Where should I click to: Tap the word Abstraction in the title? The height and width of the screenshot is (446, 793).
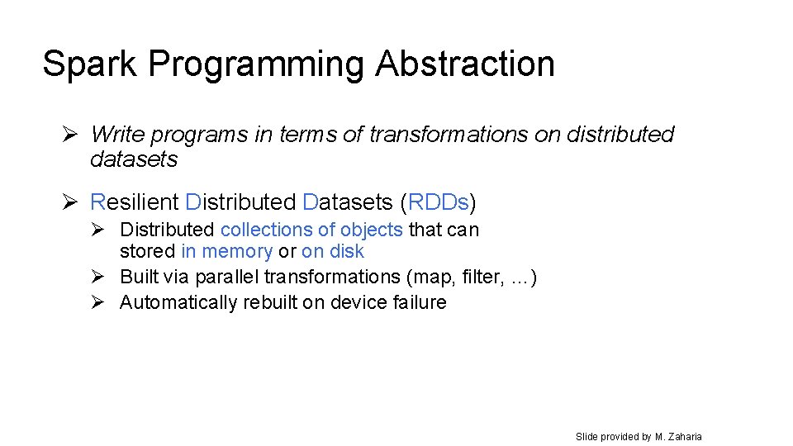[464, 64]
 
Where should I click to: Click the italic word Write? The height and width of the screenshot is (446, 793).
[114, 134]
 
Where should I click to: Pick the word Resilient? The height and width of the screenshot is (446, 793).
[134, 202]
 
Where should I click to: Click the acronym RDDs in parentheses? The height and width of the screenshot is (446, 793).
[439, 202]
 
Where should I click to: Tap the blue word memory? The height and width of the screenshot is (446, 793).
[238, 251]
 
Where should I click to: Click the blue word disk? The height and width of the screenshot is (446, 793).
[347, 251]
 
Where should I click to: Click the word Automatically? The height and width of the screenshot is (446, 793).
[178, 302]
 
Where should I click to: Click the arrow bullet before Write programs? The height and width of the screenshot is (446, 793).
[71, 134]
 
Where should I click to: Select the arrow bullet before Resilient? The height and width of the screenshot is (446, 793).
[71, 202]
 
